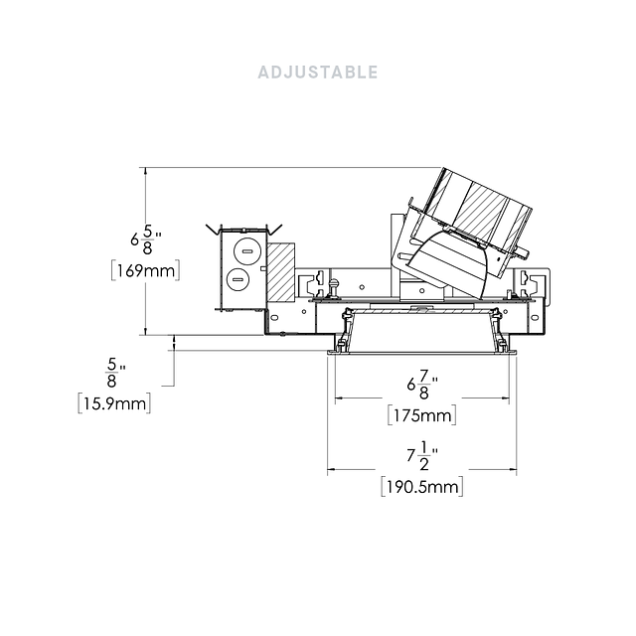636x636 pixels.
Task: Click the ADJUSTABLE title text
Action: [318, 73]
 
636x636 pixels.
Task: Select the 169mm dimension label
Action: [145, 270]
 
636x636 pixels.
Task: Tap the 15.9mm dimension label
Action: [114, 403]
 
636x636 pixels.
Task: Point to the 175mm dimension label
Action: [421, 415]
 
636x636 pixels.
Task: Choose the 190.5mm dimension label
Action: [421, 486]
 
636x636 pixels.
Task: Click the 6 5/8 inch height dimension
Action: [146, 240]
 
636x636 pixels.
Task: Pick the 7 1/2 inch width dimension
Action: [422, 456]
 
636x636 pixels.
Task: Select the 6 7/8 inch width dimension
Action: [422, 385]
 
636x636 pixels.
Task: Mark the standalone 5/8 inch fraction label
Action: [115, 373]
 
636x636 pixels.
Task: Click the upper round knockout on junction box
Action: [246, 251]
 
